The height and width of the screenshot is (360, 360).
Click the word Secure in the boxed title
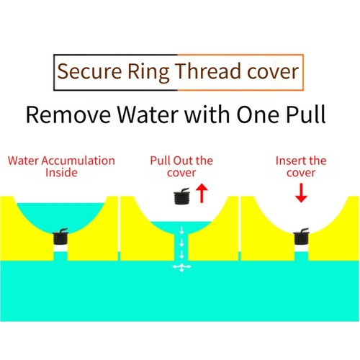(x=89, y=71)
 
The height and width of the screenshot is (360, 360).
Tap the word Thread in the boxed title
(x=207, y=71)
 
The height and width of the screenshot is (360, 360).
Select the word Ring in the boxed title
(x=148, y=73)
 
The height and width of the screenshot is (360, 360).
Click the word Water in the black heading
(x=148, y=114)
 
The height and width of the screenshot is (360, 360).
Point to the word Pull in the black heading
(x=306, y=114)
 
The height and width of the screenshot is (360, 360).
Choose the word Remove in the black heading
(x=68, y=114)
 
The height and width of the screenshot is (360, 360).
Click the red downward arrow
(x=301, y=193)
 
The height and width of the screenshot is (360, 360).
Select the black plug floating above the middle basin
(x=181, y=197)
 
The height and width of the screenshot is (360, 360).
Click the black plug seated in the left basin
(x=60, y=236)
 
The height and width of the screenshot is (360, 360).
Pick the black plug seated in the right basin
(x=301, y=236)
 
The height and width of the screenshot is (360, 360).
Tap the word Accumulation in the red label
(x=78, y=161)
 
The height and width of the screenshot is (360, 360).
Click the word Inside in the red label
(x=61, y=173)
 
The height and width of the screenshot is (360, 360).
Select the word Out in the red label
(x=184, y=161)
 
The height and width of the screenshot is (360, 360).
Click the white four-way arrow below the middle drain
(x=181, y=267)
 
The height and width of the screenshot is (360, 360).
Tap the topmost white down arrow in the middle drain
(x=181, y=230)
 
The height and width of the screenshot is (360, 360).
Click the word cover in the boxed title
(x=273, y=73)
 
